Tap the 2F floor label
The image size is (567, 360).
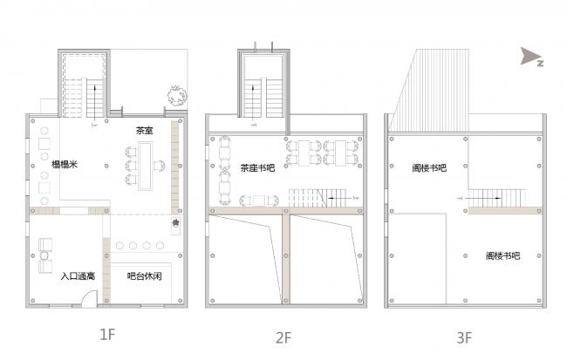pos(283,335)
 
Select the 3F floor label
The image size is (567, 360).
pos(463,335)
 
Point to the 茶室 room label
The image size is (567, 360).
pos(144,131)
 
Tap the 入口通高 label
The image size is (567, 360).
pos(78,276)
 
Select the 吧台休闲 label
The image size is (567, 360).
pos(143,276)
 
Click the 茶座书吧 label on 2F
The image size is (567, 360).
pos(256,168)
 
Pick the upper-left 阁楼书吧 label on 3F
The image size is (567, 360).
pos(429,167)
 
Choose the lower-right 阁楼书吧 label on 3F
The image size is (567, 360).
pos(502,255)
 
